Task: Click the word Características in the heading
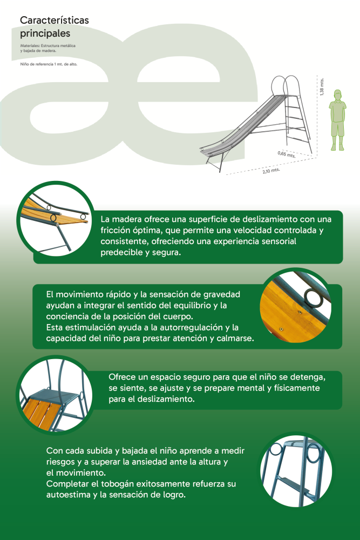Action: click(x=55, y=20)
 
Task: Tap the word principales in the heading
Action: click(x=45, y=33)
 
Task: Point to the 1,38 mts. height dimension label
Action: click(x=322, y=87)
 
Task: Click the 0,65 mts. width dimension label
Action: click(x=287, y=154)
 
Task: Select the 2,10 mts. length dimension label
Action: click(x=271, y=171)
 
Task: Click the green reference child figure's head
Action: click(x=338, y=95)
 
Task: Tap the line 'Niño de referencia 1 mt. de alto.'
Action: click(x=49, y=64)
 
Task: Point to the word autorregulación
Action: click(x=191, y=328)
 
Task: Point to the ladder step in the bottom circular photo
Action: click(x=292, y=480)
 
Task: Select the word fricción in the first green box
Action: click(x=114, y=231)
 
